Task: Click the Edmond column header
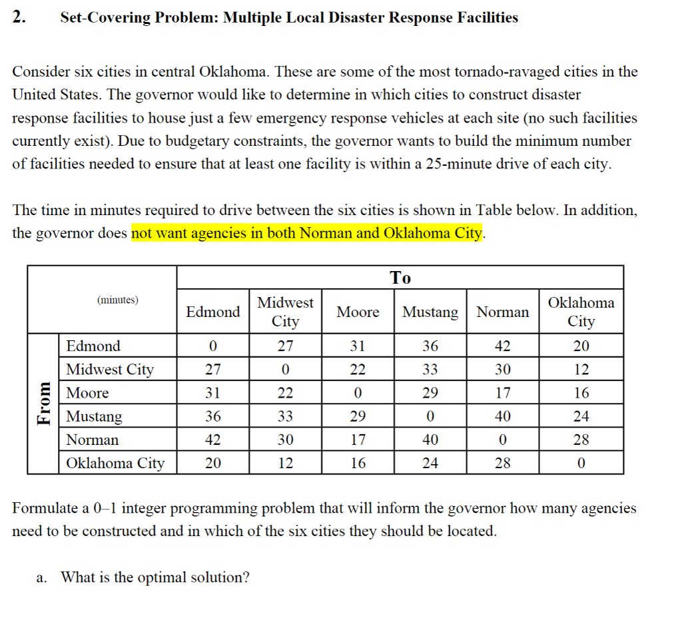pyautogui.click(x=213, y=312)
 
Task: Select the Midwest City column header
pyautogui.click(x=285, y=312)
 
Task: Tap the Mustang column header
pyautogui.click(x=430, y=312)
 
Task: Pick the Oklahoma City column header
pyautogui.click(x=581, y=312)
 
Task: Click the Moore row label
pyautogui.click(x=87, y=393)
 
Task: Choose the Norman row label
pyautogui.click(x=92, y=440)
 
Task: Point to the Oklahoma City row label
pyautogui.click(x=115, y=463)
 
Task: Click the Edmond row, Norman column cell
pyautogui.click(x=503, y=346)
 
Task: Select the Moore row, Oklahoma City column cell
pyautogui.click(x=581, y=393)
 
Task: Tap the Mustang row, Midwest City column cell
pyautogui.click(x=285, y=416)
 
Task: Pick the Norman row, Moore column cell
pyautogui.click(x=358, y=440)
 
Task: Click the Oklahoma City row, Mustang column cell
pyautogui.click(x=430, y=463)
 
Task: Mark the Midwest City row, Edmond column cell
pyautogui.click(x=212, y=369)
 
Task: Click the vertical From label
pyautogui.click(x=43, y=403)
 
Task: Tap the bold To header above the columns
pyautogui.click(x=400, y=277)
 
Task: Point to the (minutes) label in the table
pyautogui.click(x=118, y=300)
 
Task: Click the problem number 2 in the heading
pyautogui.click(x=19, y=18)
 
